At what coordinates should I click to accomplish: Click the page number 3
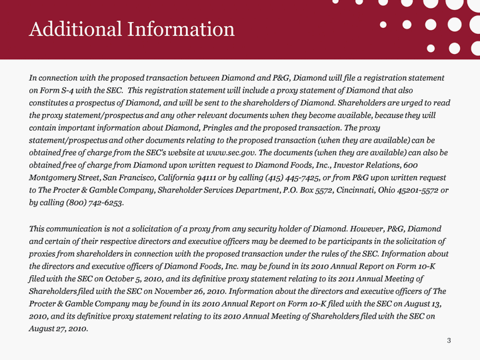point(449,341)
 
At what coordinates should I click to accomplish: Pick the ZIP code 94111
point(211,178)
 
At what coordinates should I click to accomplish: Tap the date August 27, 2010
point(57,329)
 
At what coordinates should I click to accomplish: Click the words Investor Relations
point(370,165)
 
